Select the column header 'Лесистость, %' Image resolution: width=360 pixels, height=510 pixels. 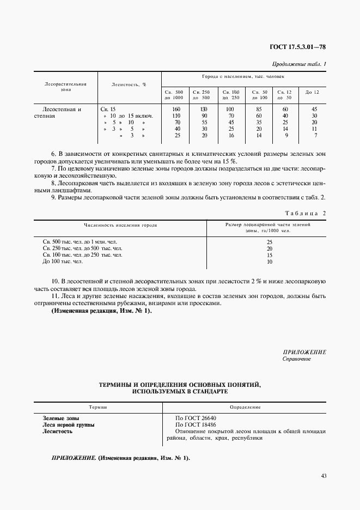[125, 84]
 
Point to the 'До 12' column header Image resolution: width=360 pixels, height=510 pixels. [312, 93]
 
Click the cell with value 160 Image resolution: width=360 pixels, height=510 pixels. [175, 109]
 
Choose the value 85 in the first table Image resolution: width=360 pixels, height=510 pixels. [259, 109]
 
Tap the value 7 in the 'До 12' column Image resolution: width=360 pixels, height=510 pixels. [315, 135]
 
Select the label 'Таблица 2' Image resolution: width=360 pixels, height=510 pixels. [306, 213]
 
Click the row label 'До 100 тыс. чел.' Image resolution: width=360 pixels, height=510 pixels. [63, 262]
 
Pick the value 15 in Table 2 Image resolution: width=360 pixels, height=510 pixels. [269, 255]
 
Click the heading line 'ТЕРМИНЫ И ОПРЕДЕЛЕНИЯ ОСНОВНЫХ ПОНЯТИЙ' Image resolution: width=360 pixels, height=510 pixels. [180, 385]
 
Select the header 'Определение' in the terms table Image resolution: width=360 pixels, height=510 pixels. [245, 407]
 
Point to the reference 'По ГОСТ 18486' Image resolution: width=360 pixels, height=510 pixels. [193, 424]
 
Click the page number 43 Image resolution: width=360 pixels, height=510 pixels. [323, 476]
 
